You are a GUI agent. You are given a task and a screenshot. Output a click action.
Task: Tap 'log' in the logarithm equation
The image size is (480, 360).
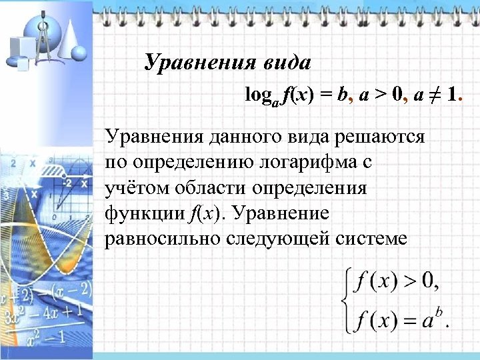click(257, 95)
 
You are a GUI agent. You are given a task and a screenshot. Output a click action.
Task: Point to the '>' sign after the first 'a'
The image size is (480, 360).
click(381, 95)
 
